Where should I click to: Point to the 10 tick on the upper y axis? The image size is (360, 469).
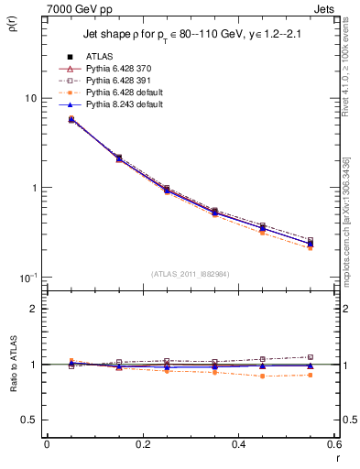(29, 98)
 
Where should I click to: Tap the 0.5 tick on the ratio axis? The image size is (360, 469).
(28, 420)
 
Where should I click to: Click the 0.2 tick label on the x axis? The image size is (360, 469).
(142, 444)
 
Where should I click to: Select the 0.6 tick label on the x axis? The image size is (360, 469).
(334, 444)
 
